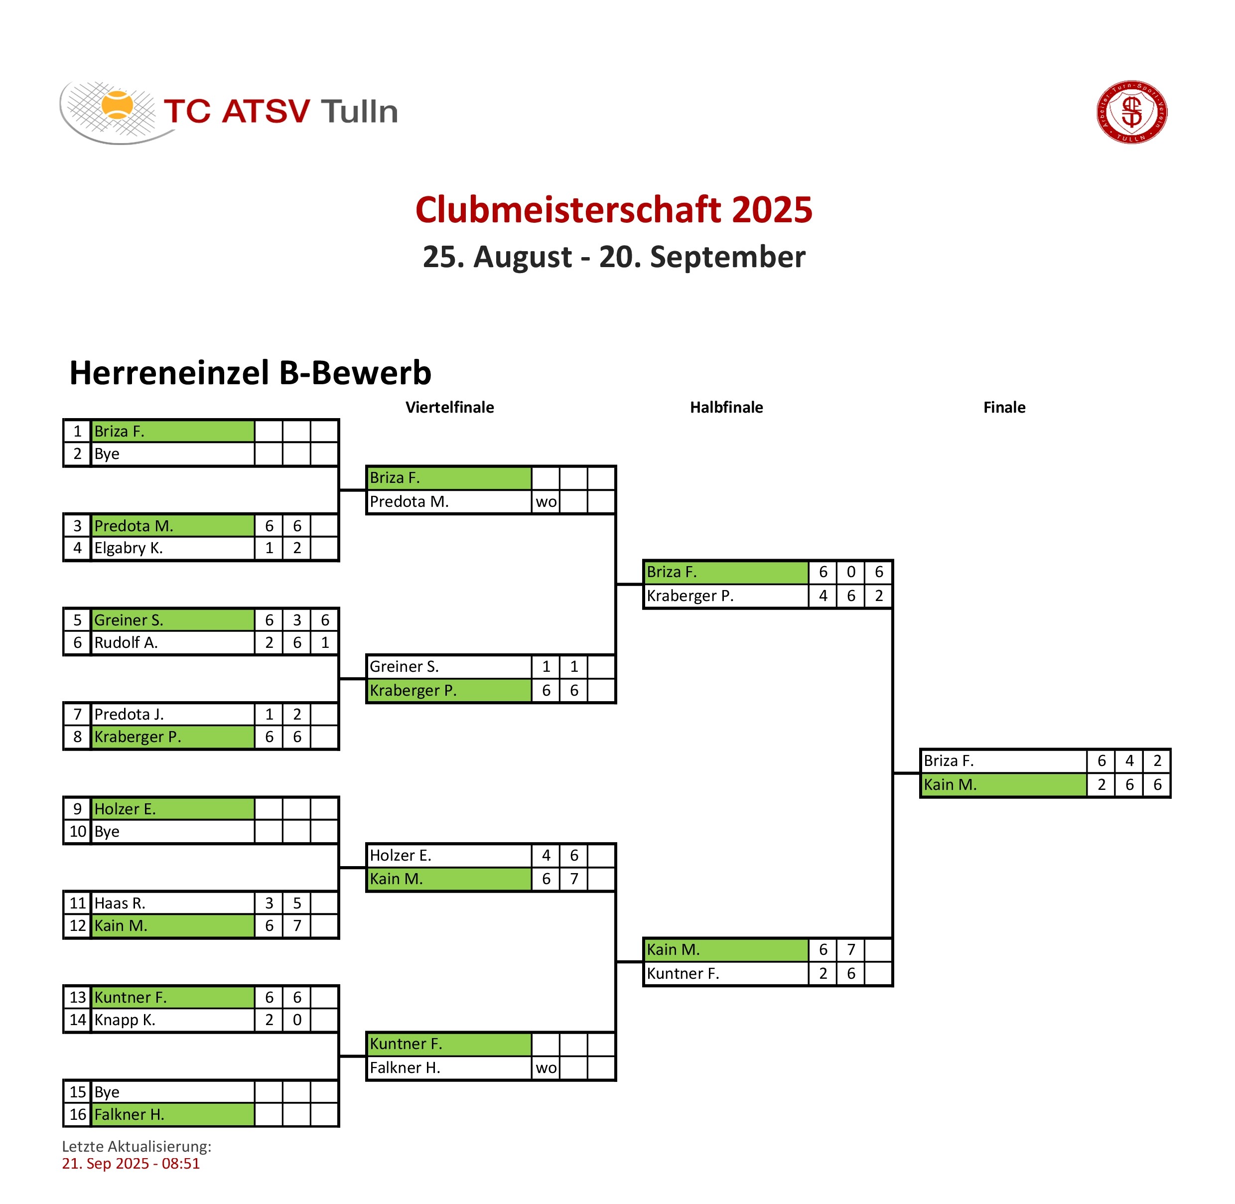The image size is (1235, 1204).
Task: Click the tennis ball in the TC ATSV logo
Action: click(117, 106)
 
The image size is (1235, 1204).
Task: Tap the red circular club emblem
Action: click(1131, 112)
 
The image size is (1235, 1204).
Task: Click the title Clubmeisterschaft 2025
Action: click(614, 210)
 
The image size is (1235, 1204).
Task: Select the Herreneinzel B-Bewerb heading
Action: click(250, 372)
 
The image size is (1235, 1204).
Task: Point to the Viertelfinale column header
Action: click(449, 407)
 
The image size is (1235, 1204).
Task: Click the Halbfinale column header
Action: click(726, 407)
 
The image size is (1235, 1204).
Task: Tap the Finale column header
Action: click(1004, 407)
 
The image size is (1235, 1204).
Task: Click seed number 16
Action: click(78, 1114)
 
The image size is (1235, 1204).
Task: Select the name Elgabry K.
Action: click(129, 548)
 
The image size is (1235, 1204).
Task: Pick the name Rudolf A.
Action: click(126, 642)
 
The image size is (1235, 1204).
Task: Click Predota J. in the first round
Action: click(129, 714)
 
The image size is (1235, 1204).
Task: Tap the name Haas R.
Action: click(120, 903)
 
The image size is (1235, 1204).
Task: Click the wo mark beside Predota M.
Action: click(546, 502)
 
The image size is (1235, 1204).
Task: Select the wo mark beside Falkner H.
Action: click(546, 1068)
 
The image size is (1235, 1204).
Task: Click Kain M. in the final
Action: click(950, 785)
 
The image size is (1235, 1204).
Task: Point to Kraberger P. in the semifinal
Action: click(689, 596)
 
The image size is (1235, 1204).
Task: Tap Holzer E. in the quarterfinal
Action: click(400, 856)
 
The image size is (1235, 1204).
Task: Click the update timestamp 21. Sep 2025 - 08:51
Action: click(131, 1164)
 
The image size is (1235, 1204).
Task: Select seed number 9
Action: click(78, 809)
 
